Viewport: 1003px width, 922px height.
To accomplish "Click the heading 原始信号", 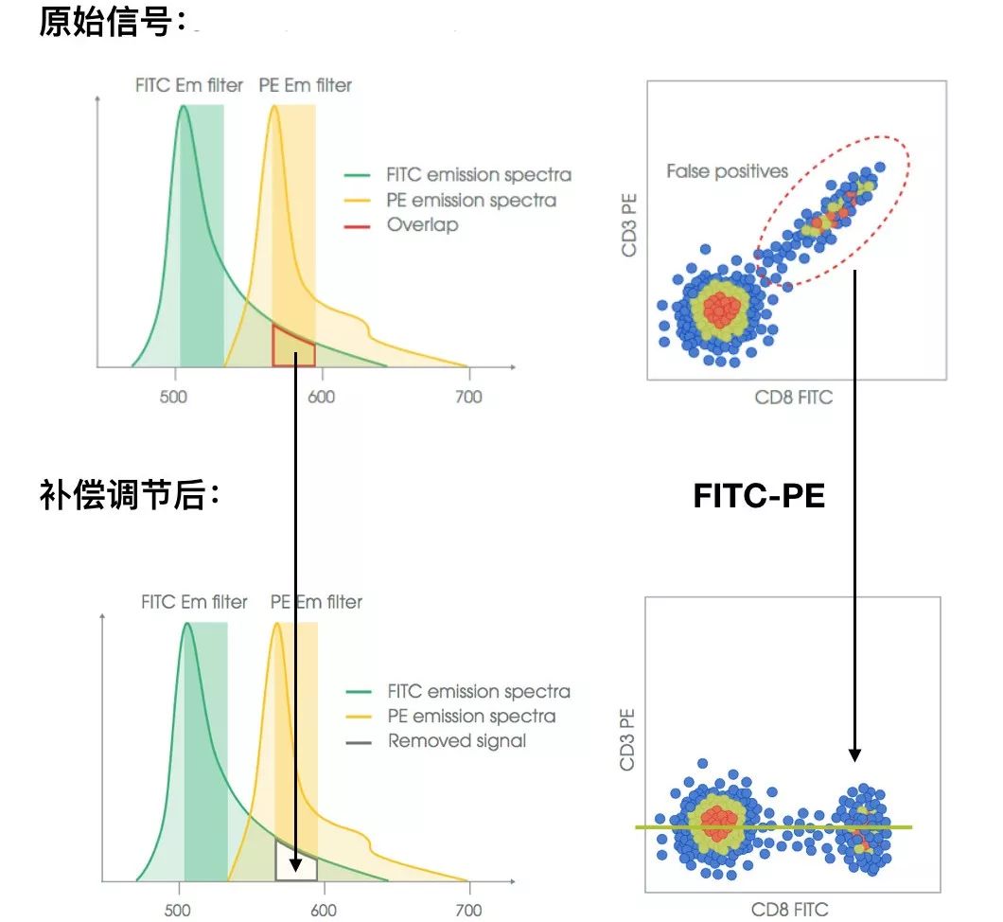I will [x=113, y=23].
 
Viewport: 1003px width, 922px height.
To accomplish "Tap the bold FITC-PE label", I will [x=759, y=495].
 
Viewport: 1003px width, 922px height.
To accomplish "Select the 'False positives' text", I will [x=727, y=171].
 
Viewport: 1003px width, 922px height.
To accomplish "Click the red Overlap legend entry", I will [x=422, y=225].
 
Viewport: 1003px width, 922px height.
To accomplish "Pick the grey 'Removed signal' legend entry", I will [x=456, y=741].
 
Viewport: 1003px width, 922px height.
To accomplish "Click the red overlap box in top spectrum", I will [x=293, y=346].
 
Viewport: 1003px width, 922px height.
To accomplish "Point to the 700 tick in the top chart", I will [x=467, y=398].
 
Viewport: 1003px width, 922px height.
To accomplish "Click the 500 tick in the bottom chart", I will [x=179, y=911].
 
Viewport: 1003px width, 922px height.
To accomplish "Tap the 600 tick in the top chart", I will [x=321, y=398].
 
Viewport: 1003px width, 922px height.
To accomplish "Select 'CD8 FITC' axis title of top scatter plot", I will [x=793, y=398].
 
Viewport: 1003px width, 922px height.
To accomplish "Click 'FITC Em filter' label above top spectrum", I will [x=188, y=86].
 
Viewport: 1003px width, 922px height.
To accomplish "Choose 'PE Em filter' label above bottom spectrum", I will [x=316, y=602].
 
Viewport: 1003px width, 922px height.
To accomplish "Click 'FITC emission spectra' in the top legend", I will [x=479, y=175].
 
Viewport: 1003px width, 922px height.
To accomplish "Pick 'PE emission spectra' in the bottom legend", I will [x=471, y=717].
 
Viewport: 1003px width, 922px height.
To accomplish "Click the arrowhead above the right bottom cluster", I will [x=854, y=754].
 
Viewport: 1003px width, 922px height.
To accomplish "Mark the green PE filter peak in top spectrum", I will [x=274, y=107].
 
